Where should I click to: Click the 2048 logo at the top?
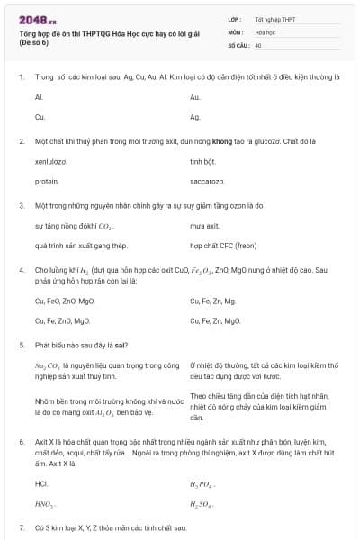pyautogui.click(x=32, y=18)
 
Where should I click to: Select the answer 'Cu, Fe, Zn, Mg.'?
pyautogui.click(x=213, y=301)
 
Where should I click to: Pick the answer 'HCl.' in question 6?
pyautogui.click(x=40, y=483)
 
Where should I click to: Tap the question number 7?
pyautogui.click(x=22, y=526)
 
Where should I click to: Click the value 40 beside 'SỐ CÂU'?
pyautogui.click(x=258, y=44)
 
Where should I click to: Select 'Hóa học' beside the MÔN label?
pyautogui.click(x=265, y=31)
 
